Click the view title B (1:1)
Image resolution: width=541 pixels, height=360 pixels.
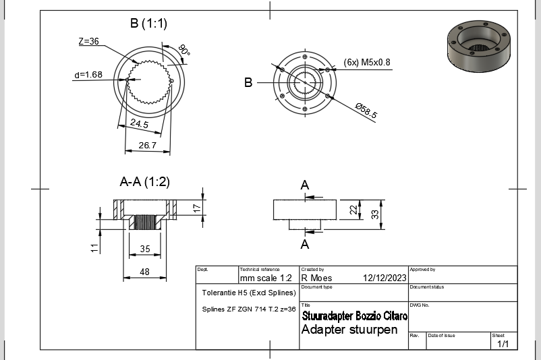point(148,24)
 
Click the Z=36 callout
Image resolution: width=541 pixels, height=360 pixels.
point(88,42)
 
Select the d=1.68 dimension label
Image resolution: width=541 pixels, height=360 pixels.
point(88,75)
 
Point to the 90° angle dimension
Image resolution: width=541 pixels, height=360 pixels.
point(183,51)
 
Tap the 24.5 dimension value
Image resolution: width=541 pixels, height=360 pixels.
point(140,124)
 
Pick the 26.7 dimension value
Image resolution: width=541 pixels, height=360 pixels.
point(146,145)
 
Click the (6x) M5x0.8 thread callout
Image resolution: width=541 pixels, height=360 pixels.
point(367,62)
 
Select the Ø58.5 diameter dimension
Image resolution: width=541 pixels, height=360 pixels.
point(367,109)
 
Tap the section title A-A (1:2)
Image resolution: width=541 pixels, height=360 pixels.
point(144,182)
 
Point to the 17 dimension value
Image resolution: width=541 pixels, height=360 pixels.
point(196,208)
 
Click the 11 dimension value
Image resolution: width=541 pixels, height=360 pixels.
point(94,248)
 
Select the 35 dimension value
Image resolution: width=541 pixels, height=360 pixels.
point(144,249)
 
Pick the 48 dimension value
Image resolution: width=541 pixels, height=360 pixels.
point(144,271)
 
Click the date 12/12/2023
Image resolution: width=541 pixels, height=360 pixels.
point(384,278)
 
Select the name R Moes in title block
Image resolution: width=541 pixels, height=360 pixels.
point(315,278)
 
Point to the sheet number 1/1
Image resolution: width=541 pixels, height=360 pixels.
point(503,344)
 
